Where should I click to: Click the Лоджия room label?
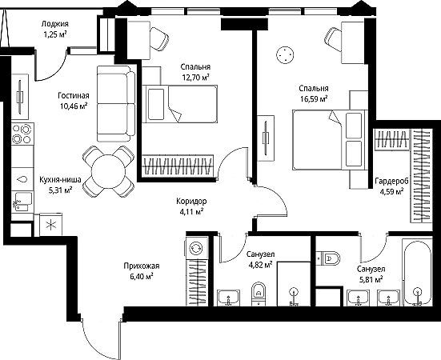(55, 24)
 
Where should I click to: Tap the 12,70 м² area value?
(195, 78)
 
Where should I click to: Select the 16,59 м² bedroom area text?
(314, 98)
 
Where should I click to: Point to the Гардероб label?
(391, 182)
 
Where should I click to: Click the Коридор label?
(191, 202)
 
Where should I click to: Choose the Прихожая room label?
(142, 266)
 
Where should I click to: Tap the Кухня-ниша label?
(60, 179)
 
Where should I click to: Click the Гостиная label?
(74, 96)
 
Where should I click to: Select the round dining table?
(108, 171)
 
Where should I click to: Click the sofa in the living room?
(116, 104)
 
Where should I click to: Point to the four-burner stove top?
(22, 134)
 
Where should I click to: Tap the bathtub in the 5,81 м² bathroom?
(417, 272)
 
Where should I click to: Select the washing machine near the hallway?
(196, 247)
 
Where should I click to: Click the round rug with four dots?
(285, 55)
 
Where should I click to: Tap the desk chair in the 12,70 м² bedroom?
(159, 38)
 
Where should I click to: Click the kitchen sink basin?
(23, 201)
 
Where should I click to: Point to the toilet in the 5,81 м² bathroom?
(328, 258)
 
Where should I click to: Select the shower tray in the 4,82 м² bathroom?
(294, 284)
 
